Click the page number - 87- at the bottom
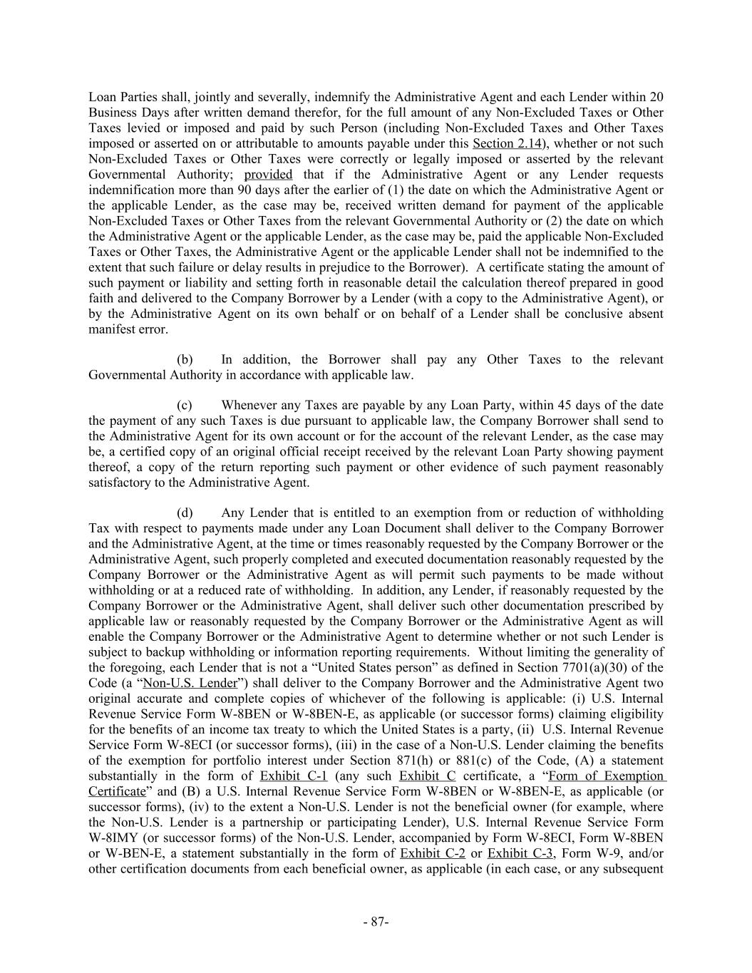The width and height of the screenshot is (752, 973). (376, 922)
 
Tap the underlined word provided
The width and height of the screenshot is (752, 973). (268, 175)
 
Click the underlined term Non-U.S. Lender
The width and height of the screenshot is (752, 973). (190, 683)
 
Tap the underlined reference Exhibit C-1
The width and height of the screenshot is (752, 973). (294, 776)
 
